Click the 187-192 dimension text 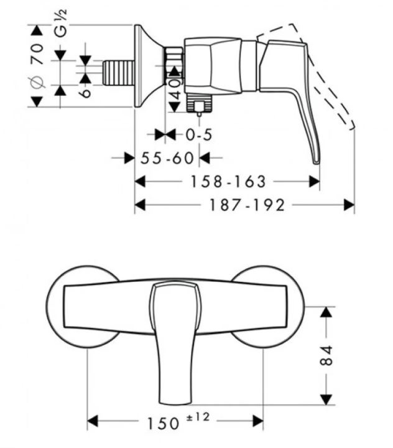click(x=247, y=205)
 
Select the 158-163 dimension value click(x=228, y=182)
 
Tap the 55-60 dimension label click(x=167, y=157)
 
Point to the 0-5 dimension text click(x=199, y=134)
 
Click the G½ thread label click(x=61, y=23)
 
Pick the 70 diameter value click(x=37, y=54)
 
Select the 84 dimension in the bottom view click(x=326, y=355)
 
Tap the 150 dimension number click(x=163, y=423)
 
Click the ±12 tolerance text click(x=198, y=417)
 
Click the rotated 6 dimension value click(x=85, y=93)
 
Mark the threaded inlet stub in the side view click(x=118, y=73)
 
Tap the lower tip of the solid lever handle click(x=317, y=163)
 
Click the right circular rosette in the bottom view click(x=267, y=307)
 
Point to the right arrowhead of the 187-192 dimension click(x=349, y=205)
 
